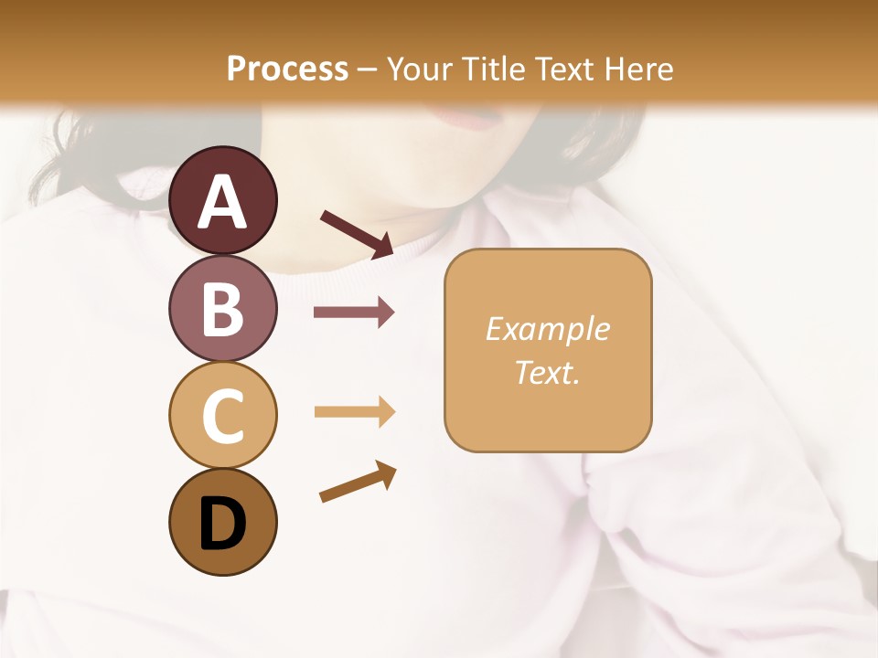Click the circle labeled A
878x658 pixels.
coord(223,200)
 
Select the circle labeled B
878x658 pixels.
coord(223,307)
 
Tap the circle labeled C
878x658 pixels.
coord(223,415)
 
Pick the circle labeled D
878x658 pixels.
coord(223,522)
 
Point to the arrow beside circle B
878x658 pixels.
coord(354,313)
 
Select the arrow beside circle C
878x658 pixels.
coord(354,412)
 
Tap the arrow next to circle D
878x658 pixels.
coord(358,481)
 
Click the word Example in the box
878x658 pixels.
coord(547,329)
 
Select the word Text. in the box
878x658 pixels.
coord(547,372)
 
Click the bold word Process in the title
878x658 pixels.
coord(288,69)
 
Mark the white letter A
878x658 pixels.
coord(223,202)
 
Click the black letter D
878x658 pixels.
coord(223,524)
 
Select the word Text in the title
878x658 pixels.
coord(566,69)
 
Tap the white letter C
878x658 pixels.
coord(223,417)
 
